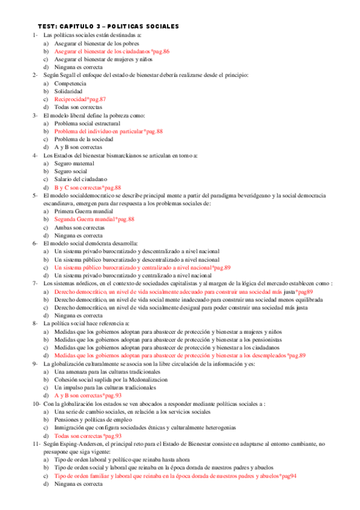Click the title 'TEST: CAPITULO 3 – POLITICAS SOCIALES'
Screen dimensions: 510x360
(108, 27)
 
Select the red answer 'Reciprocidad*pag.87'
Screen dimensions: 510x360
(80, 99)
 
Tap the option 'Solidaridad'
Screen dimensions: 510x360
(69, 91)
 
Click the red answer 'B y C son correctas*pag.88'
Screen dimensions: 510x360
(88, 187)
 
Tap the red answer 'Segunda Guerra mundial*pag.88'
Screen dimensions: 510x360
(94, 220)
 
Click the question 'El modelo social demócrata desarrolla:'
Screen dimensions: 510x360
(90, 243)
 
